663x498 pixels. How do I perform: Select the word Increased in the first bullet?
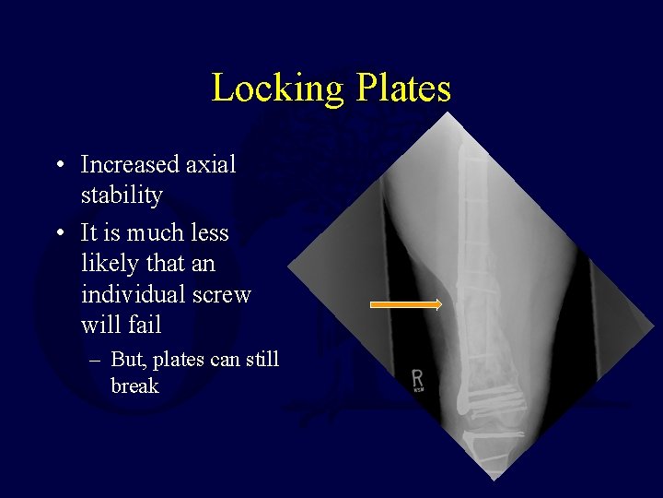(130, 165)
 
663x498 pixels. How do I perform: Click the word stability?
(122, 196)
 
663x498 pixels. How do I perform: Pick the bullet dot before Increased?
(58, 166)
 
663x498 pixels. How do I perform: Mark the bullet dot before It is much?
(58, 233)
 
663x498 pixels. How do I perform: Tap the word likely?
(110, 264)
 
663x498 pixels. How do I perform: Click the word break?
(134, 385)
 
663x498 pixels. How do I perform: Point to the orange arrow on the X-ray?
(405, 303)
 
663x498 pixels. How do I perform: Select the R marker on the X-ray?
(417, 379)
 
